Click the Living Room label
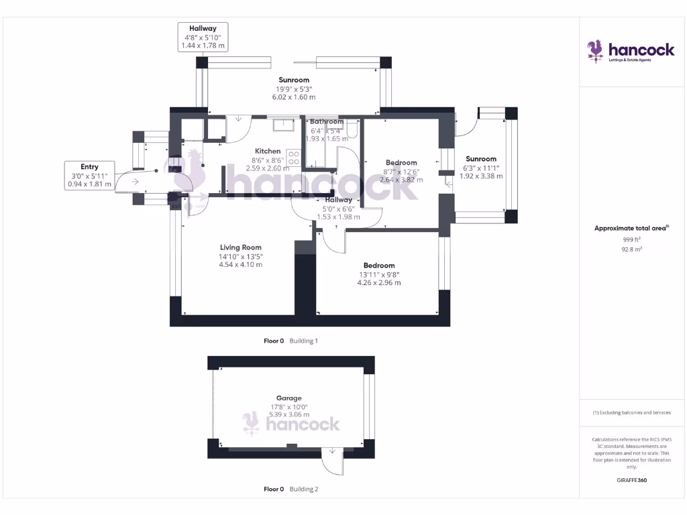tap(240, 247)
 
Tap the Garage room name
tap(288, 398)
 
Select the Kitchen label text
tap(267, 151)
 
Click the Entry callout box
tap(89, 176)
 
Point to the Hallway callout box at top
tap(203, 37)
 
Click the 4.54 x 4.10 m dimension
tap(240, 264)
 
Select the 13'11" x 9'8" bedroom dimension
tap(379, 274)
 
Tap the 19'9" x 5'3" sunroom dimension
tap(294, 89)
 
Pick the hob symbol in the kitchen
tap(293, 157)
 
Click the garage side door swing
tap(331, 461)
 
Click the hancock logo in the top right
tap(631, 51)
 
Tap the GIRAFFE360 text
tap(631, 480)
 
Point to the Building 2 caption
tap(303, 490)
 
